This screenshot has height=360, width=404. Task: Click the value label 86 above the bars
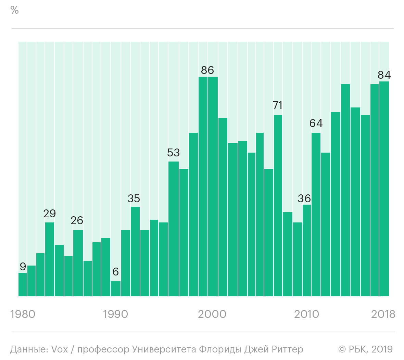pos(207,70)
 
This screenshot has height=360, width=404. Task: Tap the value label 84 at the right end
pos(384,75)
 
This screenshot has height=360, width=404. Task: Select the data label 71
pos(277,105)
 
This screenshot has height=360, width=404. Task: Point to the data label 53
pos(173,153)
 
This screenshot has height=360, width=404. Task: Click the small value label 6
pos(116,272)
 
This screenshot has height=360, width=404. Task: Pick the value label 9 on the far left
pos(23,267)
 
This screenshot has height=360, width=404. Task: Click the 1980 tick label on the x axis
pos(23,314)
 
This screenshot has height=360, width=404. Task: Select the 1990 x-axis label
pos(115,314)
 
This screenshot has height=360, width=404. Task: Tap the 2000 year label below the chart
pos(212,314)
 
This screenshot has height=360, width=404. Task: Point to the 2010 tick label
pos(307,314)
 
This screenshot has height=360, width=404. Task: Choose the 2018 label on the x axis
pos(383,314)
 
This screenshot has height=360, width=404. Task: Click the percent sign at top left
pos(14,10)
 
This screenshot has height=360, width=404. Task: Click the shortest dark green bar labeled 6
pos(116,289)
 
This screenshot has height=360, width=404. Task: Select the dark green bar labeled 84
pos(384,189)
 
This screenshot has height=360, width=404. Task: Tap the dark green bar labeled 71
pos(278,205)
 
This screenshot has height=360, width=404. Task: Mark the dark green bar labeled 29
pos(50,259)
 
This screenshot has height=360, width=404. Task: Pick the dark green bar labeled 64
pos(316,215)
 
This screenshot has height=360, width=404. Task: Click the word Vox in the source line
pos(60,349)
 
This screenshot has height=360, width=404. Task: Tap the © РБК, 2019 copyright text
pos(366,349)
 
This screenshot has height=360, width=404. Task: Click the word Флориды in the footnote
pos(220,350)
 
